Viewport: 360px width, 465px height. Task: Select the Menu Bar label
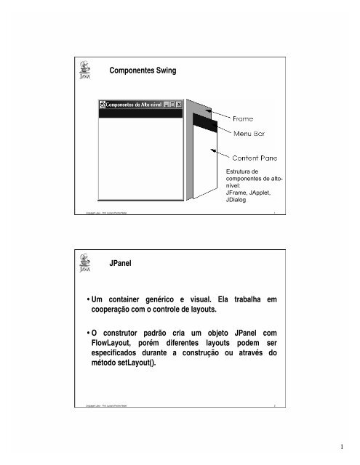252,134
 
